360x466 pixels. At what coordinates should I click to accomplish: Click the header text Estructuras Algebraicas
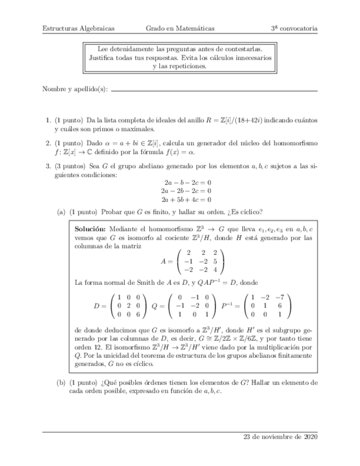click(75, 28)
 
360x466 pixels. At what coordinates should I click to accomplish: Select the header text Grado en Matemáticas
click(180, 28)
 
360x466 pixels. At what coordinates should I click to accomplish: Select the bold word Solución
click(90, 228)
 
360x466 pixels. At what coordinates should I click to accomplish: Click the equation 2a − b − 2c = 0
click(188, 182)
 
